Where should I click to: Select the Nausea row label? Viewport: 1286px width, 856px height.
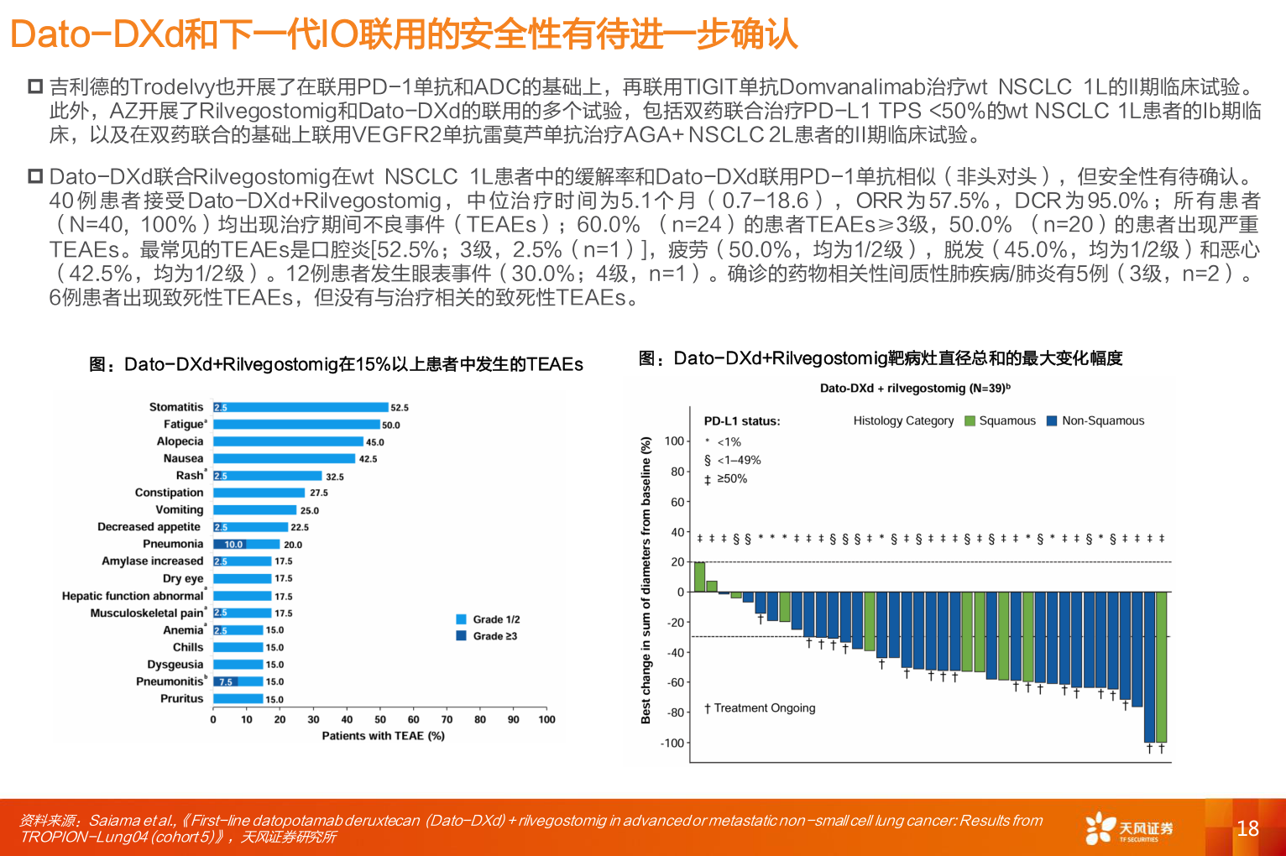183,458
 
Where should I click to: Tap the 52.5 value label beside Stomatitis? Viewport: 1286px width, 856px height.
400,408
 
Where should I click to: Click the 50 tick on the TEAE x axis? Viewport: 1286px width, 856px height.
380,719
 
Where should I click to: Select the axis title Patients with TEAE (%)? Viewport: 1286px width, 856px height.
383,736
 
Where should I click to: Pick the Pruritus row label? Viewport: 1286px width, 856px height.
181,698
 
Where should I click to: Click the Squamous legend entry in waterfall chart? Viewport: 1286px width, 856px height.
1001,420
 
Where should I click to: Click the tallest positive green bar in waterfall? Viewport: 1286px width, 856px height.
699,577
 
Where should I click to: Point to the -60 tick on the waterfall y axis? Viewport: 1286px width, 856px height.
676,682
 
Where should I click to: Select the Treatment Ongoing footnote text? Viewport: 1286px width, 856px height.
760,708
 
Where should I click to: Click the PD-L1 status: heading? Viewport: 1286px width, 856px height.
742,421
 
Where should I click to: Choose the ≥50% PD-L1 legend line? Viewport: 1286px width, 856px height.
726,479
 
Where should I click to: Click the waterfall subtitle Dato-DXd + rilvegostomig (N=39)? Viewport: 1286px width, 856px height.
915,389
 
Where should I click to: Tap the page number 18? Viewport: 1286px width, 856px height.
1247,829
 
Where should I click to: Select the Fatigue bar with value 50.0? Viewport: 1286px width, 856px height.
296,425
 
